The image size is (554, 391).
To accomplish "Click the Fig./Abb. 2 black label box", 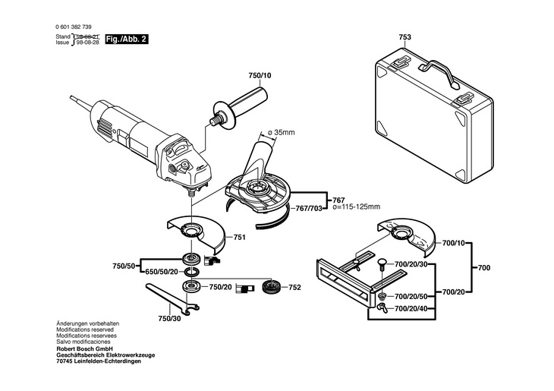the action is (x=127, y=39).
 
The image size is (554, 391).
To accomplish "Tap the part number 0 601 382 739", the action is (x=74, y=27).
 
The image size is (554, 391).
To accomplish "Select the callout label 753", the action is (x=405, y=37).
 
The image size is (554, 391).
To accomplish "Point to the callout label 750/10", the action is (x=260, y=76).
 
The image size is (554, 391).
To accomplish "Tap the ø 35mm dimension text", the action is (x=282, y=133).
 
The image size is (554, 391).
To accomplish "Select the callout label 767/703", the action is (x=309, y=209).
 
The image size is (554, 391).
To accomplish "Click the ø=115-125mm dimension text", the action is (x=357, y=207).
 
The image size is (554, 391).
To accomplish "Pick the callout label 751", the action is (x=239, y=238).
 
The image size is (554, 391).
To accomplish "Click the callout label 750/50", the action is (x=124, y=266).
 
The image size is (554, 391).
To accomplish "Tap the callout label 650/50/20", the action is (x=162, y=272).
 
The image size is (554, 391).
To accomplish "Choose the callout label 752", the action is (x=294, y=288).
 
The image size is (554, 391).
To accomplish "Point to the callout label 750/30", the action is (x=169, y=319).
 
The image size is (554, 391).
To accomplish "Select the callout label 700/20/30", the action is (x=411, y=264).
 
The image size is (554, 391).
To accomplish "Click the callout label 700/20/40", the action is (x=411, y=309).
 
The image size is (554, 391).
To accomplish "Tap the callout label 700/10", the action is (x=454, y=243).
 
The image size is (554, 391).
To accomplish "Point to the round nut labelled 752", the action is (x=272, y=286).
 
